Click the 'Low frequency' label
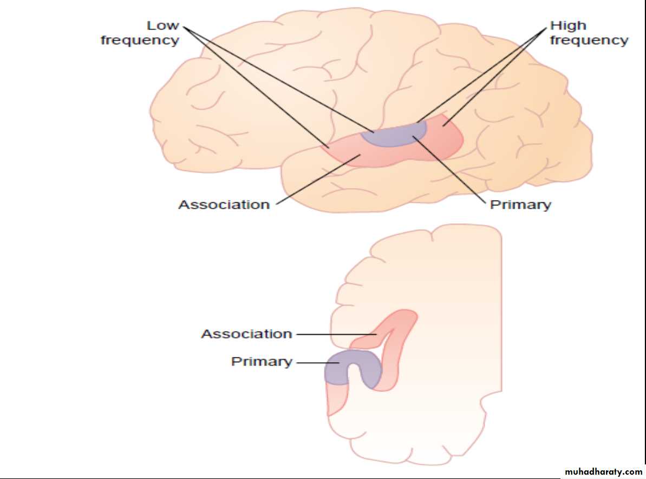140,33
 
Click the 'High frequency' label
589,33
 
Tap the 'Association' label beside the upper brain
224,205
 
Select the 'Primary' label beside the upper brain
520,205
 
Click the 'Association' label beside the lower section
246,334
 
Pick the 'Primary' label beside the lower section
262,361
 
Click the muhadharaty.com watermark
603,472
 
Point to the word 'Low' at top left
163,25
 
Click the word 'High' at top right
568,25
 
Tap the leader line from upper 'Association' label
314,181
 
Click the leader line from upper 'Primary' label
449,170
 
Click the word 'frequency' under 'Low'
140,41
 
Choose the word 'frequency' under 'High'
589,41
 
